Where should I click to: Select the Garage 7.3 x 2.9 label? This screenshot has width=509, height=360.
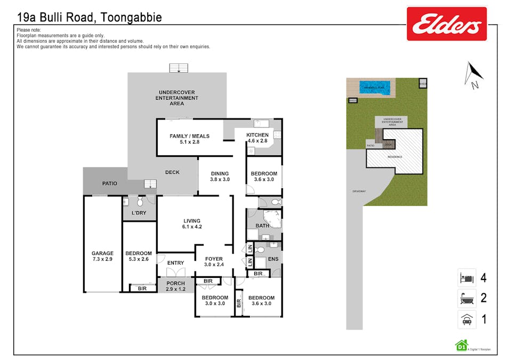click(x=102, y=256)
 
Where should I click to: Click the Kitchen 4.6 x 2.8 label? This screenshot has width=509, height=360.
click(x=257, y=138)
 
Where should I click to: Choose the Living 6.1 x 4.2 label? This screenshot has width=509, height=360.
click(x=192, y=223)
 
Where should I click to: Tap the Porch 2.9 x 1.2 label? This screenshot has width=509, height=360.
click(x=175, y=286)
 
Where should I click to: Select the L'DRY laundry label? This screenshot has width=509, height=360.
click(x=139, y=213)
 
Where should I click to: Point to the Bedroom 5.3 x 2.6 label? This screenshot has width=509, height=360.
click(x=139, y=256)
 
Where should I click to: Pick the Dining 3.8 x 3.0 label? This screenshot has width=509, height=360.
click(x=220, y=177)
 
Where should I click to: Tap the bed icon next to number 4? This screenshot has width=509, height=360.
click(x=466, y=278)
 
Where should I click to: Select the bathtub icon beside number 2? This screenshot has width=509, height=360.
click(x=466, y=298)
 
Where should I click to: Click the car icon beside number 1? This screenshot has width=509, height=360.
click(x=466, y=319)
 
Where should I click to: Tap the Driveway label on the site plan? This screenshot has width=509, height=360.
click(x=359, y=191)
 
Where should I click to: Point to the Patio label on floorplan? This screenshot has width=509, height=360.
click(x=110, y=183)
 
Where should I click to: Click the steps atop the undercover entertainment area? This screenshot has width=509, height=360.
click(x=179, y=68)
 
